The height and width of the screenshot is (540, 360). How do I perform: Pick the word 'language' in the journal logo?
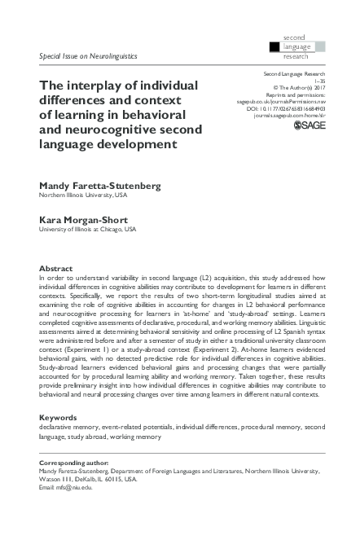click(x=298, y=46)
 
